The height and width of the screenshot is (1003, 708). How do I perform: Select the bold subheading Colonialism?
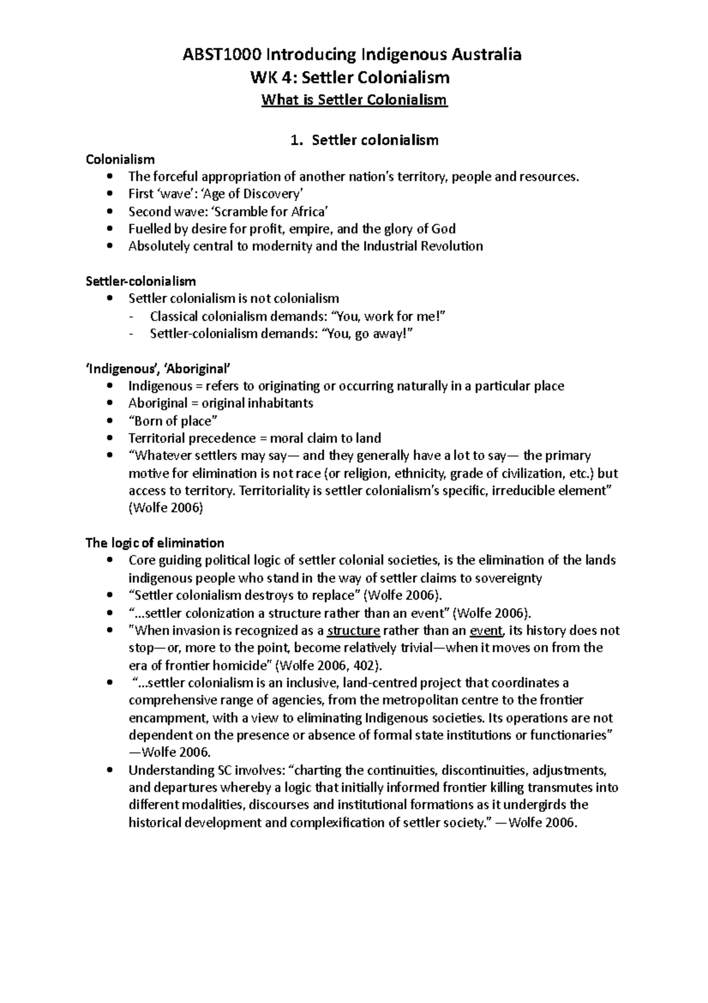pyautogui.click(x=120, y=159)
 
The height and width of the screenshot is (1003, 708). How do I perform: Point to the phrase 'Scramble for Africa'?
pyautogui.click(x=273, y=211)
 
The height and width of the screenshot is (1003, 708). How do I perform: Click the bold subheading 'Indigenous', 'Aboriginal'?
pyautogui.click(x=157, y=369)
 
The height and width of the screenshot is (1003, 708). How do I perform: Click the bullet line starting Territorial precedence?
pyautogui.click(x=254, y=438)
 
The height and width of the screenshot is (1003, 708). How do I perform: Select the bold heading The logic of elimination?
pyautogui.click(x=155, y=543)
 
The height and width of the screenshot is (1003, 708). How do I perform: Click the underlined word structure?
pyautogui.click(x=353, y=631)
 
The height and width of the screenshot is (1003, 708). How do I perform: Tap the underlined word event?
pyautogui.click(x=486, y=631)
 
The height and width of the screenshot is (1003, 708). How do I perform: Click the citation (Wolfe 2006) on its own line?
pyautogui.click(x=165, y=508)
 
